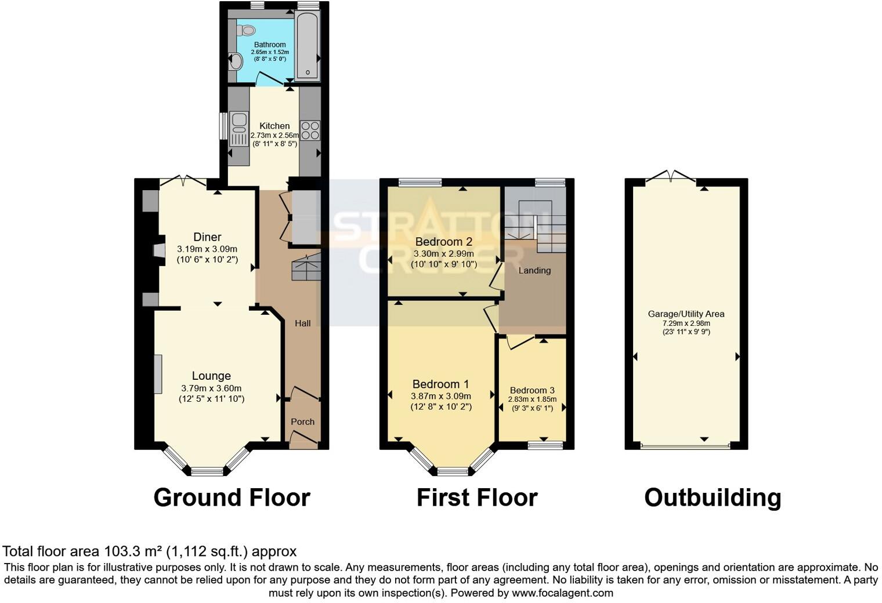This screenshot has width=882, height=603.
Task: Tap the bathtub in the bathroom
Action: pyautogui.click(x=307, y=46)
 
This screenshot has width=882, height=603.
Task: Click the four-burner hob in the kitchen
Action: pyautogui.click(x=310, y=130)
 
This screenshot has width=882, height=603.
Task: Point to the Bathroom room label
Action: pyautogui.click(x=270, y=45)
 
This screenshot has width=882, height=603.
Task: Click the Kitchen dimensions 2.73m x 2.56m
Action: pyautogui.click(x=274, y=135)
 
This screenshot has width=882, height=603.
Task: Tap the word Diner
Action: pyautogui.click(x=207, y=237)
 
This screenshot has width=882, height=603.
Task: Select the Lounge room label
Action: pyautogui.click(x=211, y=376)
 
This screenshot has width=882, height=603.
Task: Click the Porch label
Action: pyautogui.click(x=302, y=422)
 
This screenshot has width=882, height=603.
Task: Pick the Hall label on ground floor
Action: pyautogui.click(x=302, y=323)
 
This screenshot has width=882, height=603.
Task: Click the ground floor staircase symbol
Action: pyautogui.click(x=306, y=268)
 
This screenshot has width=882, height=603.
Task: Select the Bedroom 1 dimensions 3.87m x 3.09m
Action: pyautogui.click(x=441, y=396)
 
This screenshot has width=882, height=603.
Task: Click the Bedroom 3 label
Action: pyautogui.click(x=532, y=390)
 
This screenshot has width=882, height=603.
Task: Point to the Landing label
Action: pyautogui.click(x=534, y=270)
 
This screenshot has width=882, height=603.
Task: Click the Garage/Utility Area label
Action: pyautogui.click(x=686, y=314)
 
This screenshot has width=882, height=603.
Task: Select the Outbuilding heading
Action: pyautogui.click(x=713, y=497)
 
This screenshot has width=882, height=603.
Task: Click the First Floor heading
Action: pyautogui.click(x=477, y=497)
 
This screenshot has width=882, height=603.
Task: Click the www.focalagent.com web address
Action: pyautogui.click(x=562, y=593)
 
